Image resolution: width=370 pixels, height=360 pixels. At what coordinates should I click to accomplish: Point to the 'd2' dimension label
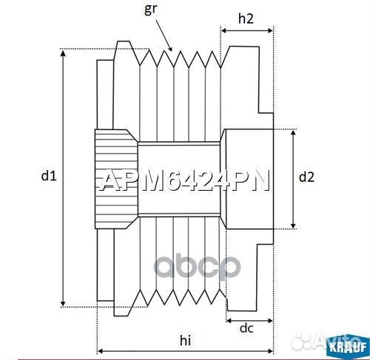307,177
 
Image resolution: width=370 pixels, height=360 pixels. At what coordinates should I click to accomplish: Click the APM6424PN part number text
184,180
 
